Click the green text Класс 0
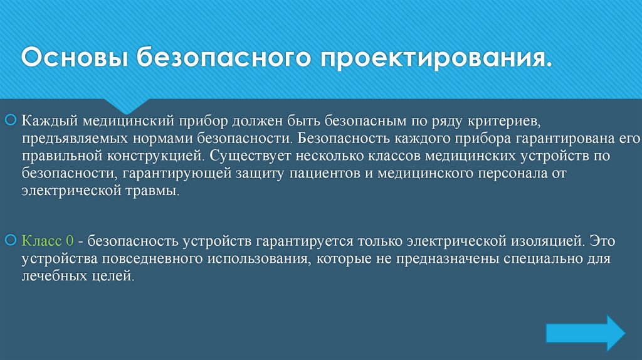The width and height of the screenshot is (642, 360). click(x=48, y=241)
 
